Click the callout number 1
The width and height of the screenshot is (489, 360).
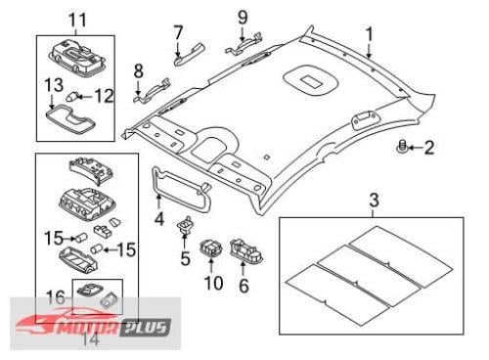coord(369,34)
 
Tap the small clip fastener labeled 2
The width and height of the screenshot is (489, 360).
coord(402,146)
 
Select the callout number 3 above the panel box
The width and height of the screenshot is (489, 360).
coord(375,201)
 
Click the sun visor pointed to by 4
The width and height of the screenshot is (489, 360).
coord(181,189)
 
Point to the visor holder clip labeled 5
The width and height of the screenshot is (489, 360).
coord(185,225)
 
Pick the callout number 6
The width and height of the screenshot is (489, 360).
coord(244,286)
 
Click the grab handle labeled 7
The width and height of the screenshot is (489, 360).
coord(189,55)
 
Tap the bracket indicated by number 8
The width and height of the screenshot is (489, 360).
coord(153,90)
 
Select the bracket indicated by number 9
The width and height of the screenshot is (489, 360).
coord(244,43)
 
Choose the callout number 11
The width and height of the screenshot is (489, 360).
coord(77,21)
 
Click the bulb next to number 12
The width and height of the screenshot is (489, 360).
coord(71,97)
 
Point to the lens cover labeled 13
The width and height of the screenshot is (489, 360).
coord(69,119)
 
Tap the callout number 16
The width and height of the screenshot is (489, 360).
coord(56,297)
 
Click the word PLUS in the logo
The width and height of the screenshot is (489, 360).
coord(146,328)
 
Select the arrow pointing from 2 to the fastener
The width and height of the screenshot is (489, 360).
coord(416,148)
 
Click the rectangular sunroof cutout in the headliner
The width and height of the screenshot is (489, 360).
coord(311,81)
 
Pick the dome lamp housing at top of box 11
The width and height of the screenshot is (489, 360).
coord(77,58)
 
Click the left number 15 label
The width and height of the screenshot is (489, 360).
coord(54,238)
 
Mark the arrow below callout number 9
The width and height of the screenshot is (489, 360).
coord(243,34)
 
